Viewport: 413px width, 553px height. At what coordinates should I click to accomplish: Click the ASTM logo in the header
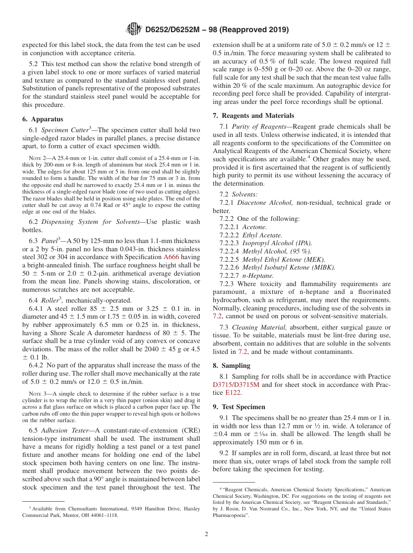click(x=134, y=30)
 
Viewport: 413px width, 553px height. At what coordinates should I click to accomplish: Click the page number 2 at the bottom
click(x=206, y=534)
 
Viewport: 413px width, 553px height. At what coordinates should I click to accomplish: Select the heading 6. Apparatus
click(x=43, y=119)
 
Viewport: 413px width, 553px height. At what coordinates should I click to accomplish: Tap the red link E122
click(x=233, y=393)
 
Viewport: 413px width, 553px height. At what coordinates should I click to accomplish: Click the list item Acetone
click(x=254, y=227)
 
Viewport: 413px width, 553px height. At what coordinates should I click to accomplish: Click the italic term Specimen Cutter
click(x=65, y=130)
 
